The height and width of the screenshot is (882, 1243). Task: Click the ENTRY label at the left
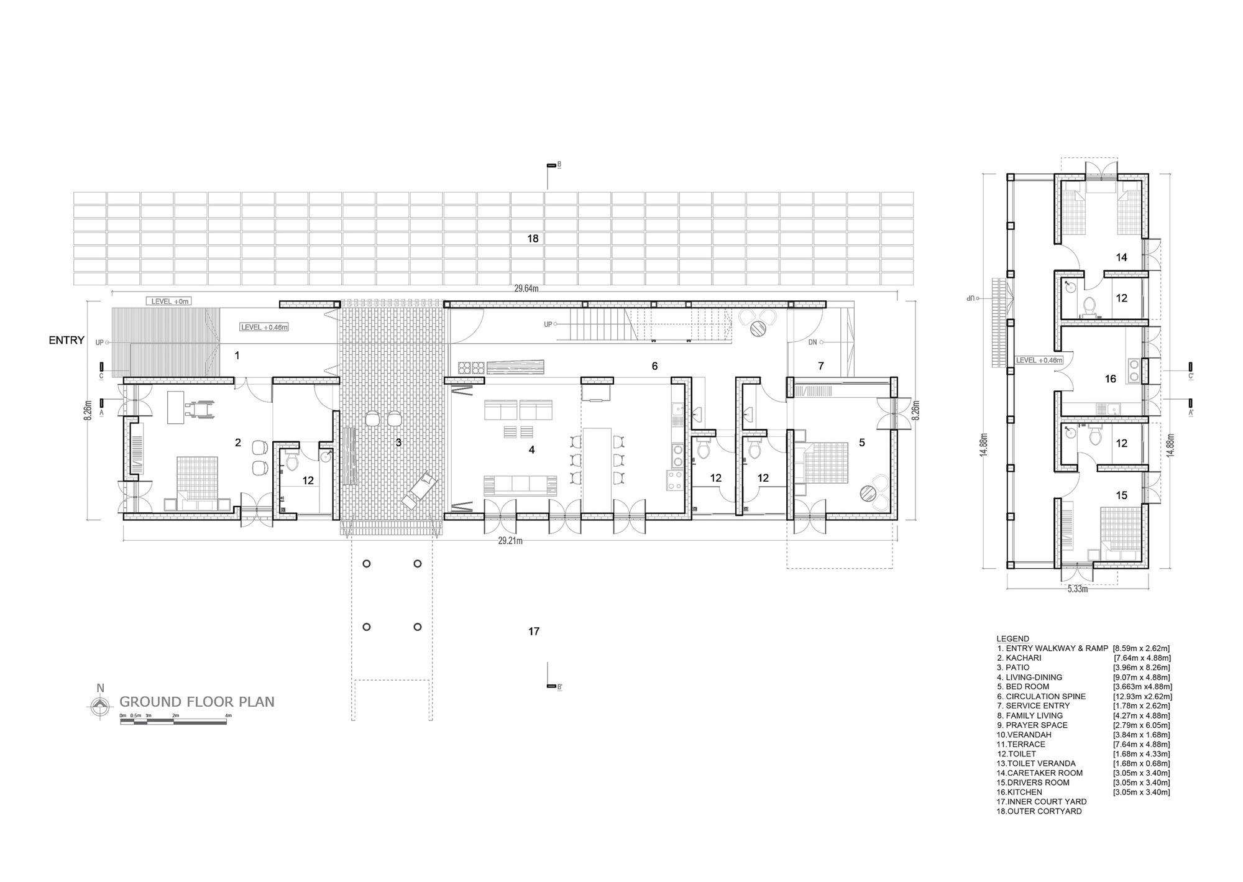[67, 340]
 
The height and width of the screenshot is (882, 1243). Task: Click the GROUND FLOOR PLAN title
[196, 702]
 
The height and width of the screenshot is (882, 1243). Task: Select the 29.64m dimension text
[526, 288]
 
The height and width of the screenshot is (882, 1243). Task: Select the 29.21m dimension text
[510, 541]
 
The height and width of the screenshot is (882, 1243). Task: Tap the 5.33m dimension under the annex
[1078, 589]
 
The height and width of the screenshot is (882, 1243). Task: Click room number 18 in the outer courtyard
[533, 238]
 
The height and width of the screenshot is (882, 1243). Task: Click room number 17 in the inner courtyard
[533, 631]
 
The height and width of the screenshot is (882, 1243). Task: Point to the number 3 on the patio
[398, 443]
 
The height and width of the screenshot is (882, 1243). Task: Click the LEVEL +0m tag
[168, 301]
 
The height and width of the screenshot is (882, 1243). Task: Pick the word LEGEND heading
[1012, 638]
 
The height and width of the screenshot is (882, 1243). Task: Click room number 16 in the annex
[1111, 379]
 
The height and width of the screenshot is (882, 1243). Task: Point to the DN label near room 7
[812, 342]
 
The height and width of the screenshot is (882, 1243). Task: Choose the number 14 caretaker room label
[1121, 257]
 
